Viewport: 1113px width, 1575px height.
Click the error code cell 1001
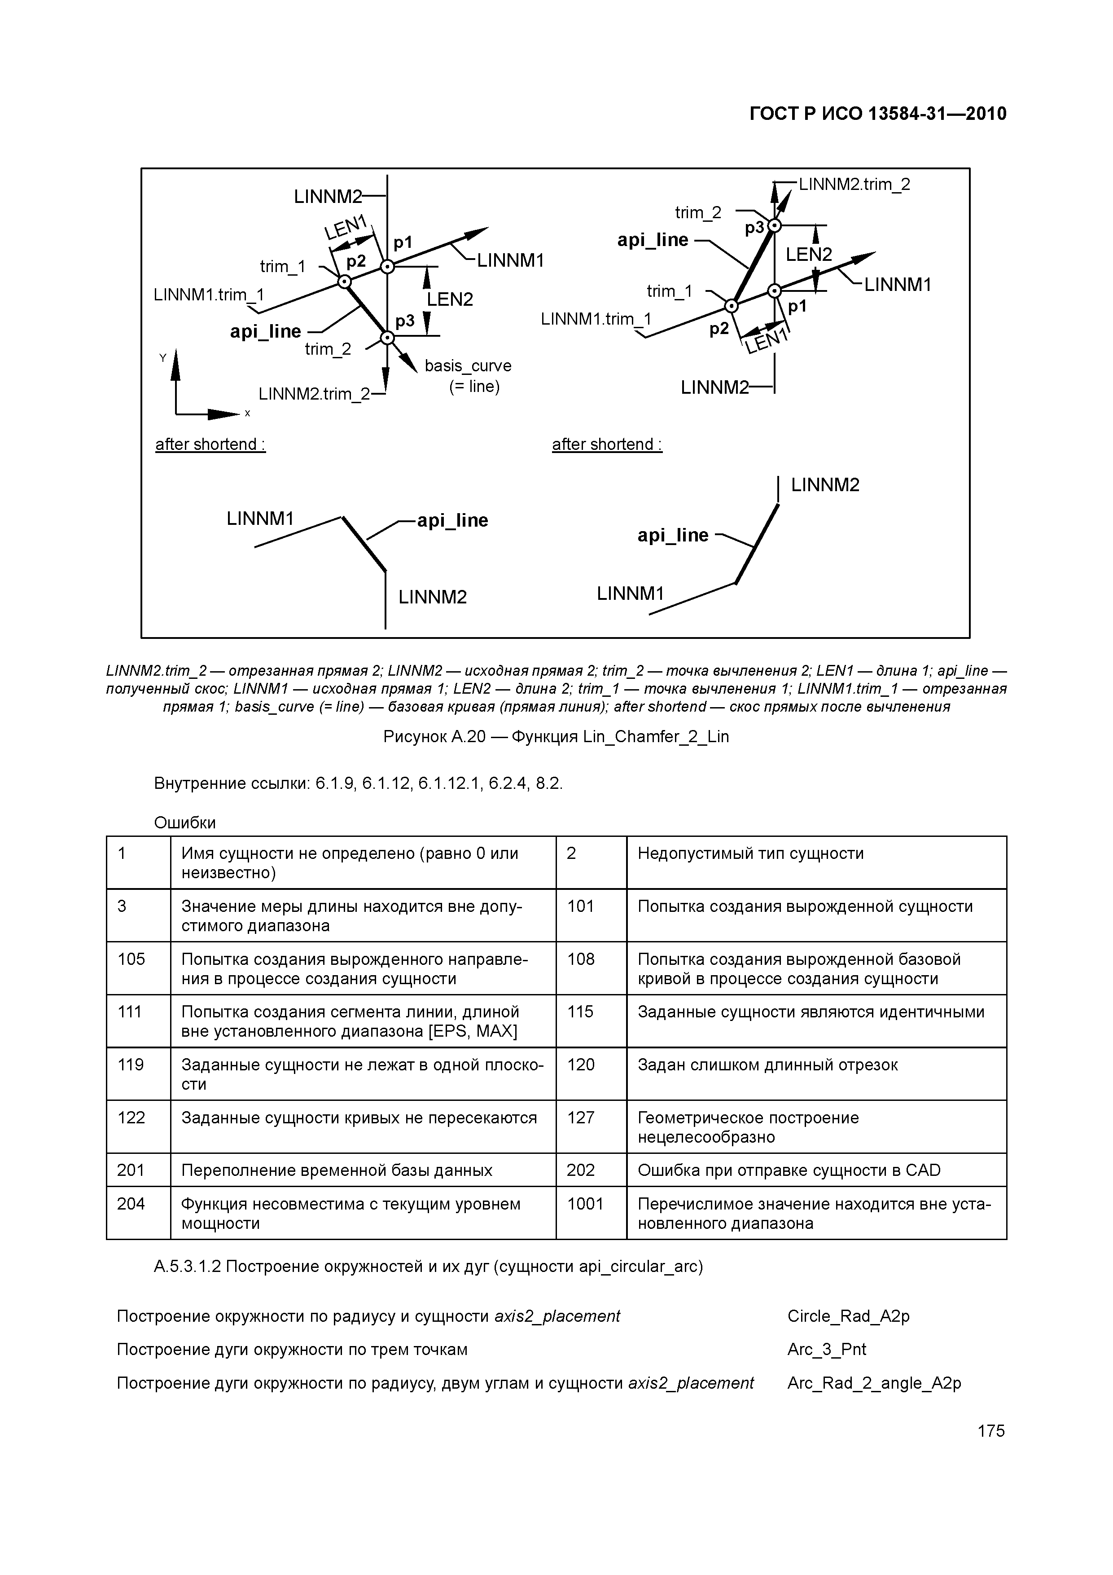pyautogui.click(x=585, y=1204)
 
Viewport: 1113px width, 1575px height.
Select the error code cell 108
pyautogui.click(x=581, y=959)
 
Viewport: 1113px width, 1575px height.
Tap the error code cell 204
pyautogui.click(x=131, y=1204)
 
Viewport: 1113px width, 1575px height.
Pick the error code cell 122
pyautogui.click(x=131, y=1117)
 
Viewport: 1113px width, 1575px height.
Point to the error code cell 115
pyautogui.click(x=580, y=1012)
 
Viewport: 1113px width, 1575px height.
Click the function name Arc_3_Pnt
pyautogui.click(x=826, y=1349)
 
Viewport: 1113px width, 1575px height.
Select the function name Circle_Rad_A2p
pyautogui.click(x=848, y=1315)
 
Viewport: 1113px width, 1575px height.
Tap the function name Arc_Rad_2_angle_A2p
pyautogui.click(x=874, y=1383)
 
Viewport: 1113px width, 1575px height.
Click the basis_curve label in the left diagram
pyautogui.click(x=468, y=366)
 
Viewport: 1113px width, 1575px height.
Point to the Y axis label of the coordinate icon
pyautogui.click(x=162, y=357)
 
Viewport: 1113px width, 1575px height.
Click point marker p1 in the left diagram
pyautogui.click(x=387, y=267)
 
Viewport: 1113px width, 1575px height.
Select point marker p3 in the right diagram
pyautogui.click(x=774, y=226)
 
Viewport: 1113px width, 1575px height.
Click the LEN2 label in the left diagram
pyautogui.click(x=450, y=299)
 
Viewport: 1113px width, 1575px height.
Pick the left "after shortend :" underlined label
pyautogui.click(x=210, y=444)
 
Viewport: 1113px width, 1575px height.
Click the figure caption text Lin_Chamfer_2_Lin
pyautogui.click(x=656, y=737)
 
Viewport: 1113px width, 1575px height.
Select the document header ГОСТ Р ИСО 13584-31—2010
pyautogui.click(x=878, y=114)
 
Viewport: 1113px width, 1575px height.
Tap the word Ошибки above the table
pyautogui.click(x=185, y=823)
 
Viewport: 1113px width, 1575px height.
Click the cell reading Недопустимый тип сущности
pyautogui.click(x=750, y=853)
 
